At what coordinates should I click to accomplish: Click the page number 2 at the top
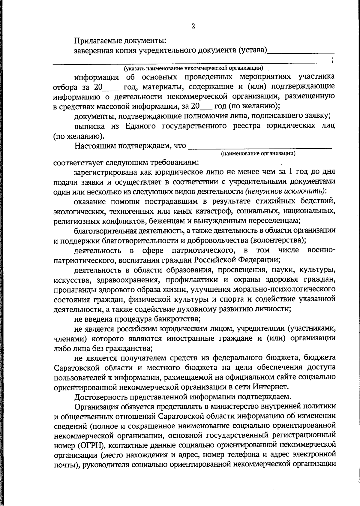(193, 26)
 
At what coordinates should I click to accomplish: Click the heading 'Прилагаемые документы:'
(120, 40)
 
